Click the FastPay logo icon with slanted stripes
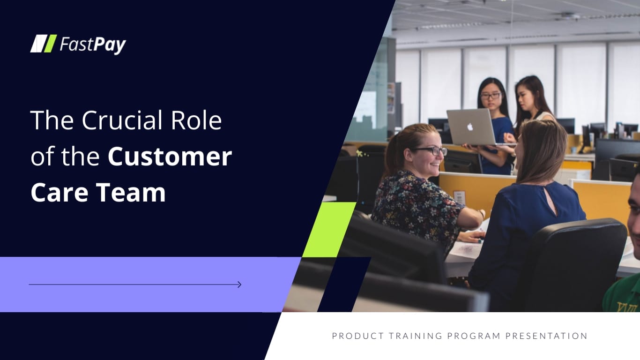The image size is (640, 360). (x=44, y=44)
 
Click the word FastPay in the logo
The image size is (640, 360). (x=93, y=45)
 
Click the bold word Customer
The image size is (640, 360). (x=170, y=157)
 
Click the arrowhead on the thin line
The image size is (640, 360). (x=239, y=285)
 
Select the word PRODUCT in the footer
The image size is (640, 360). (x=354, y=336)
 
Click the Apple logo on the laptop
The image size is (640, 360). (x=470, y=127)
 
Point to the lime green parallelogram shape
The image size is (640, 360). (x=329, y=229)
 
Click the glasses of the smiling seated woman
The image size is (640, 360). (x=431, y=151)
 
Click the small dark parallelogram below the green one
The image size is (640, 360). (x=344, y=284)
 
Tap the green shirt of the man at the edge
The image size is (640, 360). (x=622, y=295)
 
